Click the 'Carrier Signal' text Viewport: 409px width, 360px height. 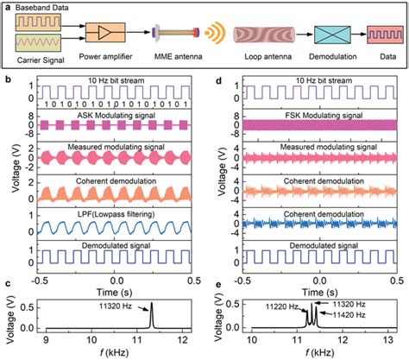coord(42,62)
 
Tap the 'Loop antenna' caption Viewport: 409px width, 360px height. coord(261,62)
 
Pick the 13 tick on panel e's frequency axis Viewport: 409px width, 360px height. coord(397,339)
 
